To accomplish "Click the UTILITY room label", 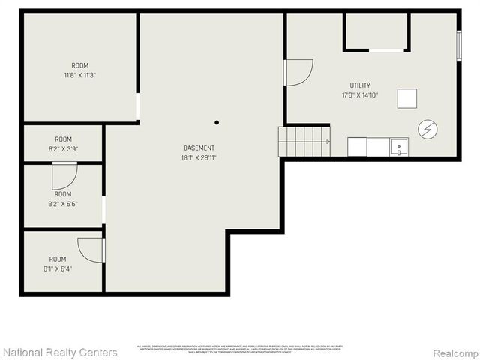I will pyautogui.click(x=360, y=85).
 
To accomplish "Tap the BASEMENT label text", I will pyautogui.click(x=199, y=148).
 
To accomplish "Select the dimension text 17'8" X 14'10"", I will pyautogui.click(x=360, y=95).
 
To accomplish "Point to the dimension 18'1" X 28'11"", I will pyautogui.click(x=199, y=158).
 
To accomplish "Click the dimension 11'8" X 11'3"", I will pyautogui.click(x=79, y=75).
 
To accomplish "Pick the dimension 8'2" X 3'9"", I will pyautogui.click(x=63, y=149).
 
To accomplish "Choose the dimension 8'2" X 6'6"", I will pyautogui.click(x=63, y=203).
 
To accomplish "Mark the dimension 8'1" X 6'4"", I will pyautogui.click(x=58, y=268).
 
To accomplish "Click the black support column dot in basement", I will pyautogui.click(x=217, y=122).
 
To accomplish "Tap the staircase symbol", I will pyautogui.click(x=304, y=141).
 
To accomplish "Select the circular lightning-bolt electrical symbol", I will pyautogui.click(x=427, y=130).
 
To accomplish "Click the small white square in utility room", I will pyautogui.click(x=407, y=99).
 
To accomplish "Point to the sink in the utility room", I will pyautogui.click(x=399, y=147).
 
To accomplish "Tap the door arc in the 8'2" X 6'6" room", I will pyautogui.click(x=64, y=175).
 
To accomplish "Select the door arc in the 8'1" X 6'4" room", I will pyautogui.click(x=91, y=250).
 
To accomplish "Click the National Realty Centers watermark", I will pyautogui.click(x=60, y=352).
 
